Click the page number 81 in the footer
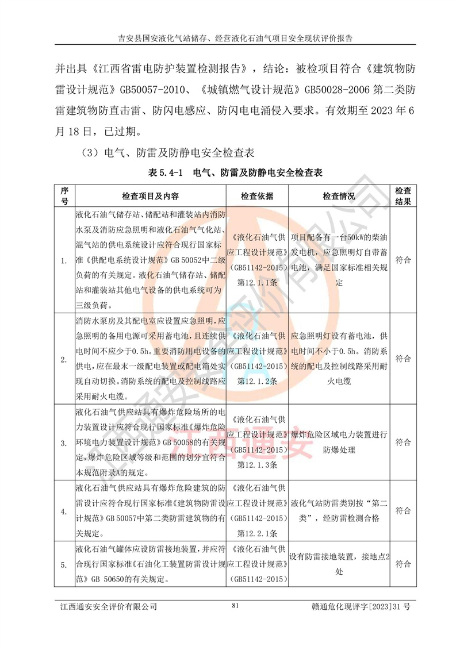[234, 605]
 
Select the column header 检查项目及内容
[150, 196]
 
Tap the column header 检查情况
[339, 196]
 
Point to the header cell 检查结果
[402, 196]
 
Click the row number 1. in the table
[64, 260]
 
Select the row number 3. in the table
[64, 443]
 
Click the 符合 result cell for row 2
[402, 359]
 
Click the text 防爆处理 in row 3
[339, 451]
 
